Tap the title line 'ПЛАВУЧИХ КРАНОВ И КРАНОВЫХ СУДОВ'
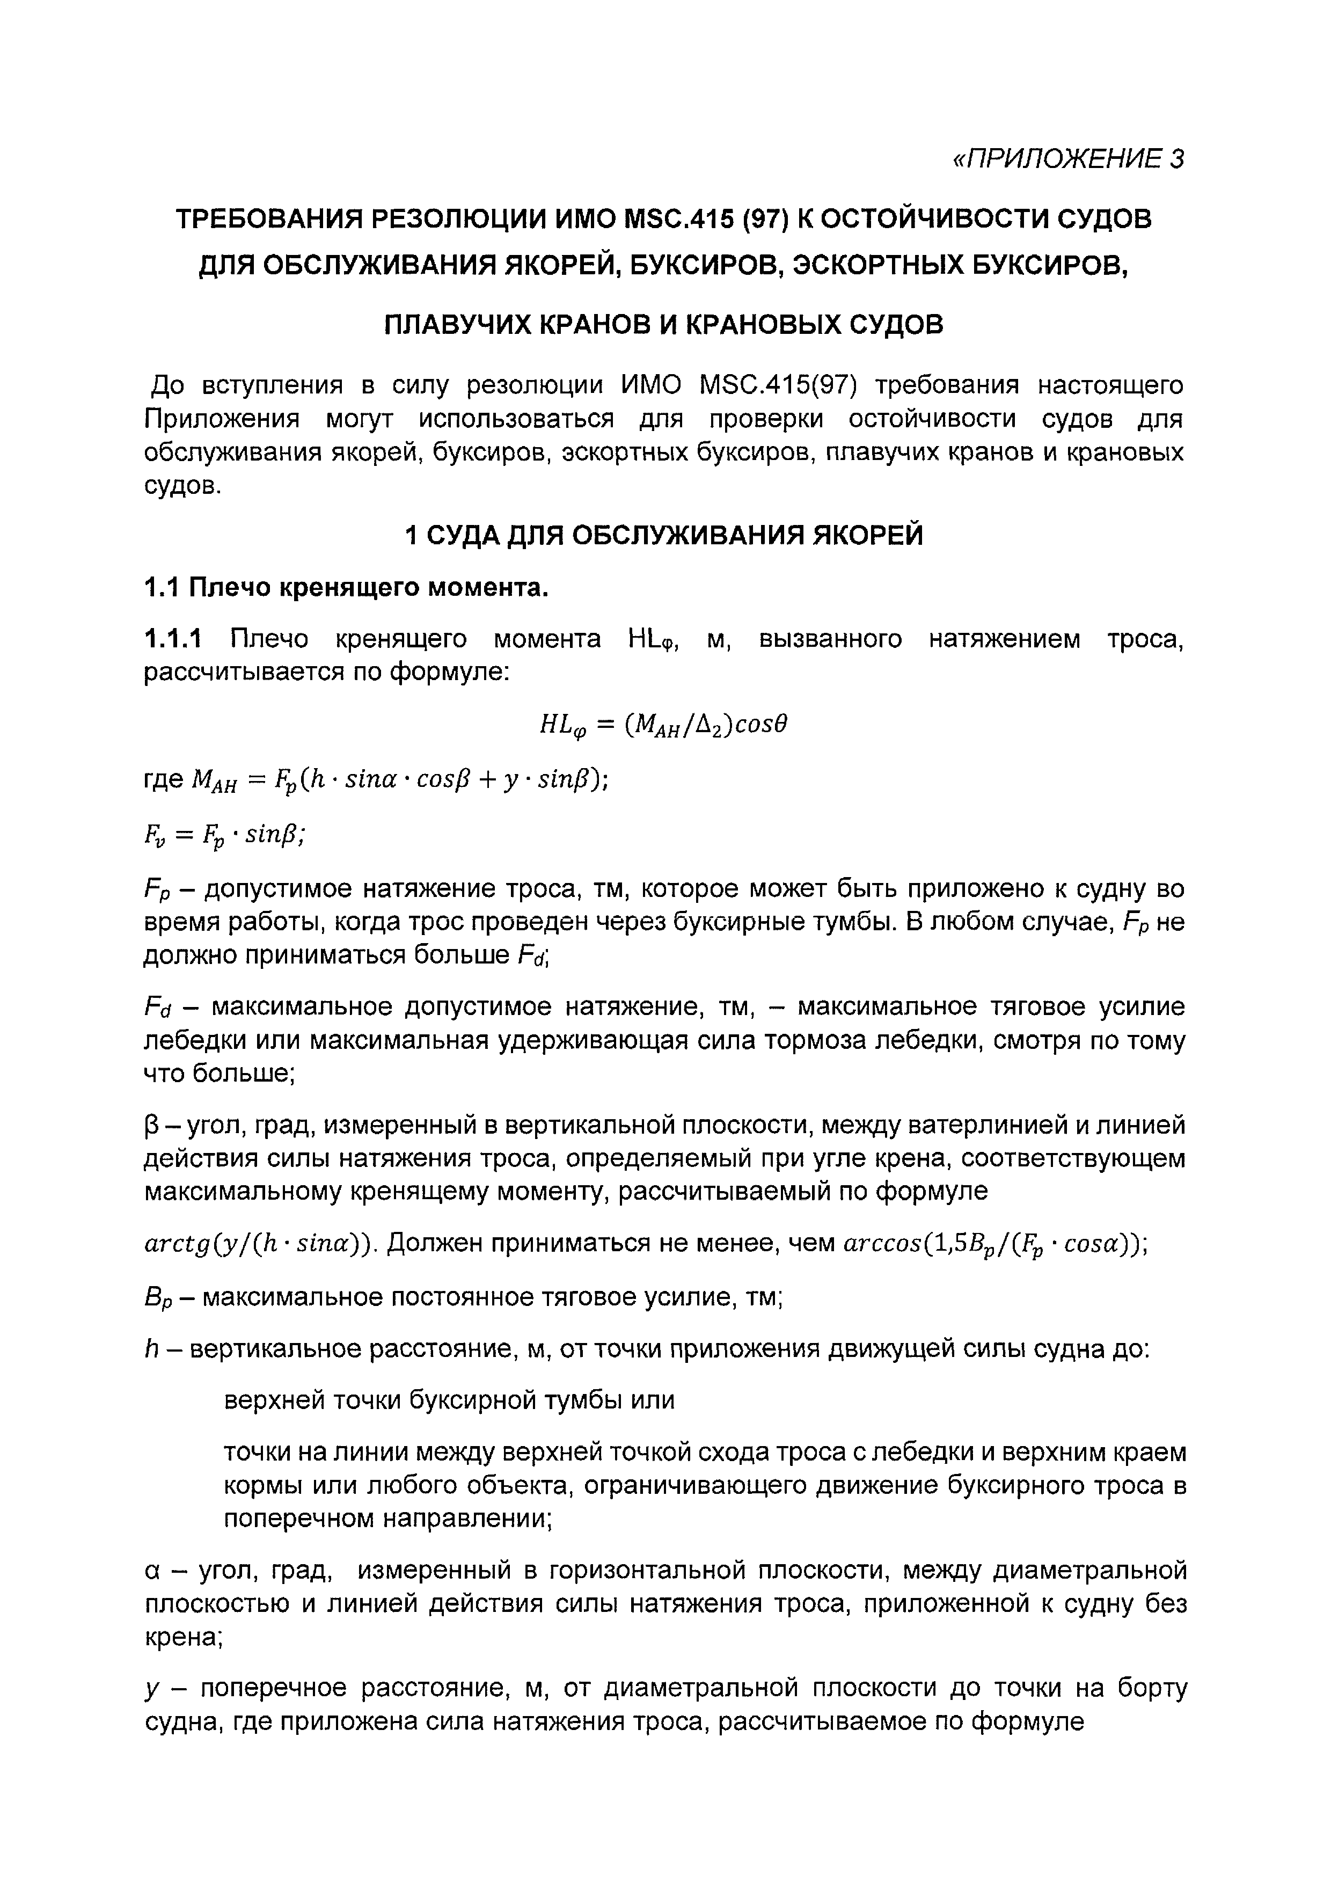[664, 325]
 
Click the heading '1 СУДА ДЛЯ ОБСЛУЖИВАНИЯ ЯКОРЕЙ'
[664, 535]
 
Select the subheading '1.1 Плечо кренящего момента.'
[345, 587]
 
